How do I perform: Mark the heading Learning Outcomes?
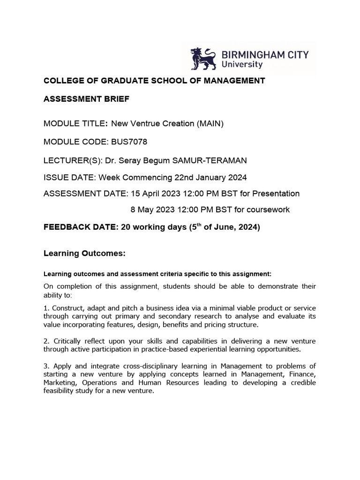click(84, 254)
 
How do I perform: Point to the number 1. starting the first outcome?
click(46, 308)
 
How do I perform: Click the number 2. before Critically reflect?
click(46, 341)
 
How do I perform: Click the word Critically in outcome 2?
click(69, 341)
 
